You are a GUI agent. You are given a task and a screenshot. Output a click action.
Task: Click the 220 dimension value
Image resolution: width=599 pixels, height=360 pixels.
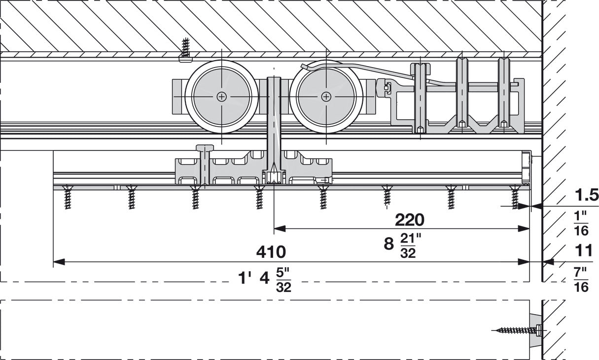409,219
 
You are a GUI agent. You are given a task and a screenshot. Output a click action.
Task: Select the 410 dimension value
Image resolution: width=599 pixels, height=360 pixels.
271,252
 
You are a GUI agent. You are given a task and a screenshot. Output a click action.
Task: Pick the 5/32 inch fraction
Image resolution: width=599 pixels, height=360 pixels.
283,279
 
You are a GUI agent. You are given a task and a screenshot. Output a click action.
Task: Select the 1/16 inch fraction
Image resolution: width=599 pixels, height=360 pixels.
582,223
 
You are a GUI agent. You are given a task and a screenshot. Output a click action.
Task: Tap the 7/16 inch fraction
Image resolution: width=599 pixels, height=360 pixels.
582,279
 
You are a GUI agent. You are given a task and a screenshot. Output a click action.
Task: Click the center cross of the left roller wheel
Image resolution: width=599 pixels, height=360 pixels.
222,97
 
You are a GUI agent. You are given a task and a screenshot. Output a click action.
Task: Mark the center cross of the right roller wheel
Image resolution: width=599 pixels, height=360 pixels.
326,97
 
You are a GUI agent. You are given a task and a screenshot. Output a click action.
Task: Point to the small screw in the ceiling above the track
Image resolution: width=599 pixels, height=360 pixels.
185,50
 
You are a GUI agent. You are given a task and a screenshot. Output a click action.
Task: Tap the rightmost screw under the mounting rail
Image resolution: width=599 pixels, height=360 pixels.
515,198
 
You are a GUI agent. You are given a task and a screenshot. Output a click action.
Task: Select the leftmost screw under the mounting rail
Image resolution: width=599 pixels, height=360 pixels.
68,198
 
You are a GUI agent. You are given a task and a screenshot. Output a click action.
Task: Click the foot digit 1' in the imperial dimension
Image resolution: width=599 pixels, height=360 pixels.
244,278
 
